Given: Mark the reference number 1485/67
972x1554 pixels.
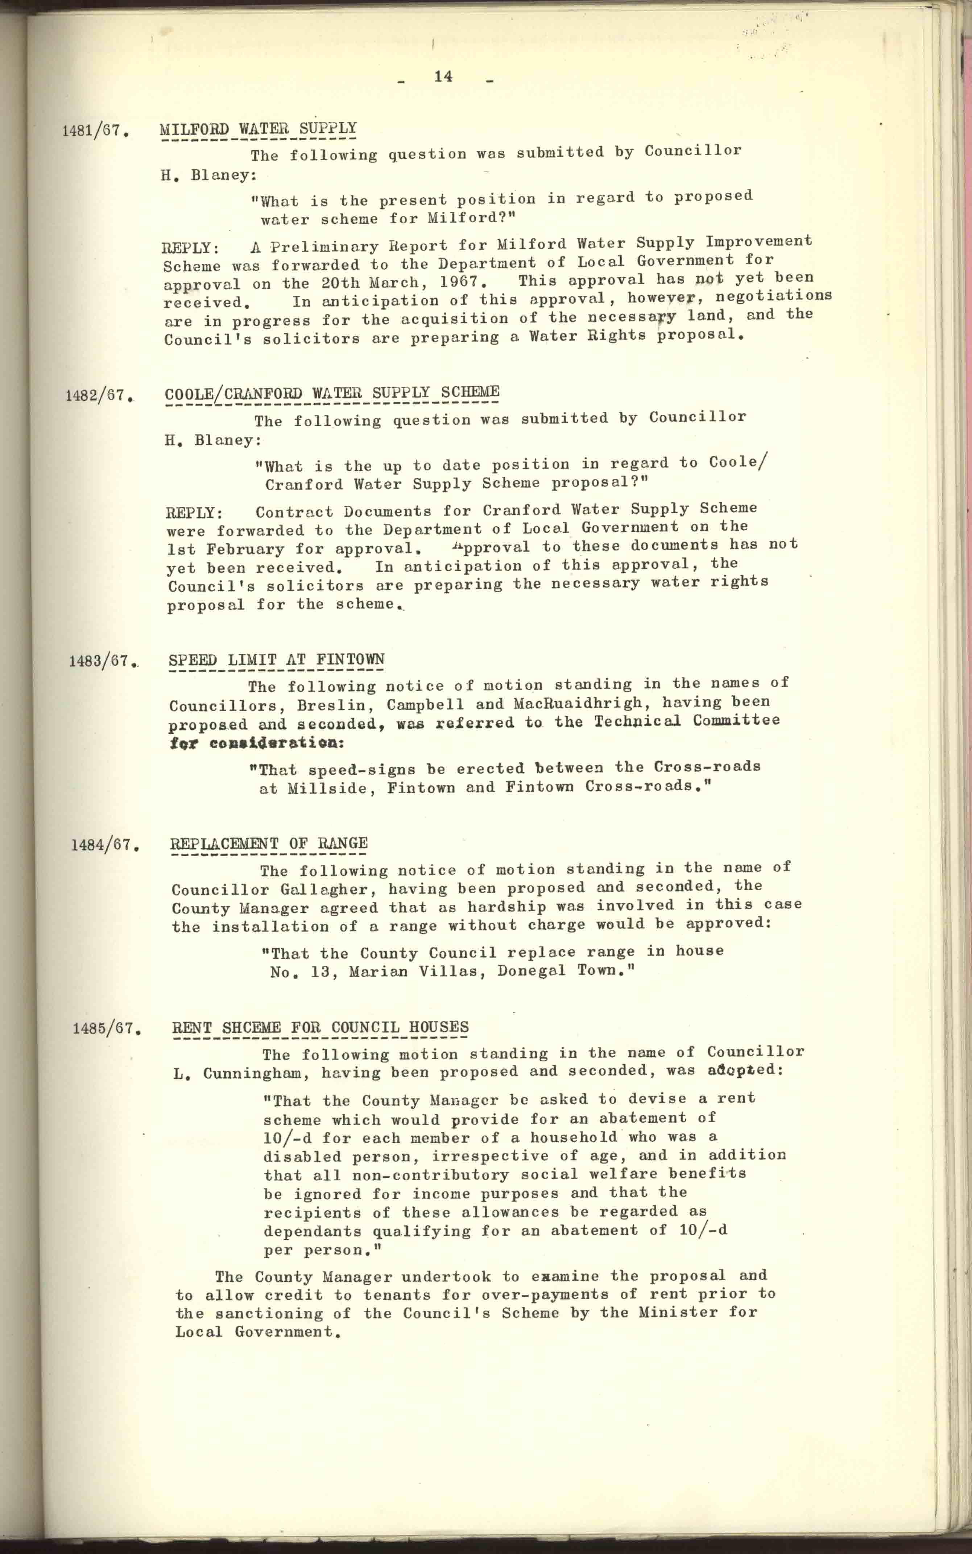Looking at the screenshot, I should [x=107, y=1028].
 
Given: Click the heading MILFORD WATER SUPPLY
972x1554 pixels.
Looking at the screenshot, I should [x=258, y=129].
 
